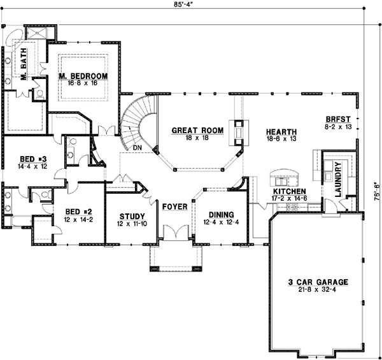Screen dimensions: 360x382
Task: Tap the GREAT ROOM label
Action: pos(197,130)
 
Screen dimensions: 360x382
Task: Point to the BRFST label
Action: pos(338,119)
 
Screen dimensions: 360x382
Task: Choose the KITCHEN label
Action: pos(289,191)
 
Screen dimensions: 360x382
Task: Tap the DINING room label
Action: pos(218,215)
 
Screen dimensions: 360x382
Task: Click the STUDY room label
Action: pos(132,216)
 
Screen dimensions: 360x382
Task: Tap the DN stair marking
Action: pos(136,147)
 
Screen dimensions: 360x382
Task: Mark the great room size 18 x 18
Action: pos(197,138)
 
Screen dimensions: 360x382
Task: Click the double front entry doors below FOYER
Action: pos(174,234)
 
